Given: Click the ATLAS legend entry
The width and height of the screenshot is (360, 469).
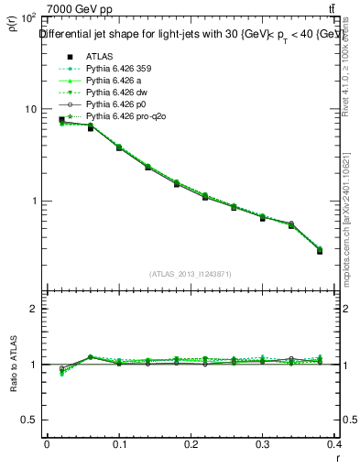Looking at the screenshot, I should pos(98,54).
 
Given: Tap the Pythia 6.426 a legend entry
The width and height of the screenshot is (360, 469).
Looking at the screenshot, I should pos(113,80).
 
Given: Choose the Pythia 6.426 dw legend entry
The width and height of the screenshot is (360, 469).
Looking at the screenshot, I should pos(115,93).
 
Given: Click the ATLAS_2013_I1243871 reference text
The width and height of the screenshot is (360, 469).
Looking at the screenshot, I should pos(191,273).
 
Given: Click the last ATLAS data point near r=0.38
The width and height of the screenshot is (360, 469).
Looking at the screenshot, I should pos(320,250).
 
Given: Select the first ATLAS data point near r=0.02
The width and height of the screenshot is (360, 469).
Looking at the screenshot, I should pos(61,120).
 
